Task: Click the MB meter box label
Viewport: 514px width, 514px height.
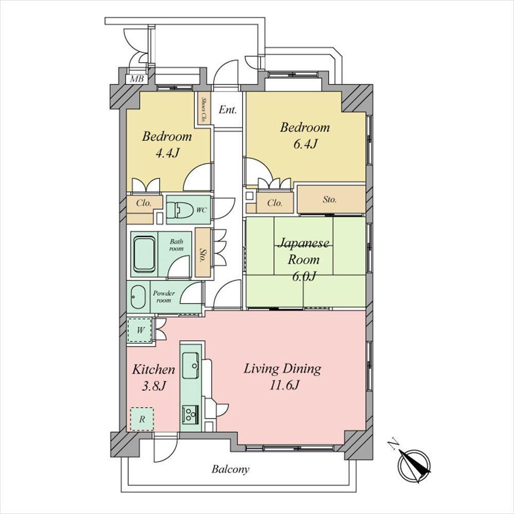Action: pyautogui.click(x=137, y=79)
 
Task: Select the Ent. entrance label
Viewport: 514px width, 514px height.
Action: pyautogui.click(x=228, y=109)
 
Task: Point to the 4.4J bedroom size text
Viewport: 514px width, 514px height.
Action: pyautogui.click(x=168, y=153)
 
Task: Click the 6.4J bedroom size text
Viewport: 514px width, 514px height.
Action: pyautogui.click(x=305, y=144)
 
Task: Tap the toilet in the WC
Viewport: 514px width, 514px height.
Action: pyautogui.click(x=179, y=210)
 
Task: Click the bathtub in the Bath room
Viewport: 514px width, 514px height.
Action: pyautogui.click(x=144, y=254)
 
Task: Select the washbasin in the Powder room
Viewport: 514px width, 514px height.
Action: pyautogui.click(x=138, y=297)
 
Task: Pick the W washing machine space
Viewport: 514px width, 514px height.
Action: pyautogui.click(x=140, y=330)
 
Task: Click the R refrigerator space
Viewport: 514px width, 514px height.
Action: pyautogui.click(x=142, y=419)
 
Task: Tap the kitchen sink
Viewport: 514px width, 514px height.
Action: pyautogui.click(x=191, y=365)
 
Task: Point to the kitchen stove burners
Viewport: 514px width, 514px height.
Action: pyautogui.click(x=190, y=414)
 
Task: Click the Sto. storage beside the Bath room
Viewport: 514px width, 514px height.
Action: pyautogui.click(x=203, y=252)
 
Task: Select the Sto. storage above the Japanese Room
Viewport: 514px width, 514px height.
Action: pyautogui.click(x=331, y=199)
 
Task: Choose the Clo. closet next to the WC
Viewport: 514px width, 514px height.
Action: pyautogui.click(x=144, y=203)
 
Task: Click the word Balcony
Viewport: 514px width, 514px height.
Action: pyautogui.click(x=230, y=469)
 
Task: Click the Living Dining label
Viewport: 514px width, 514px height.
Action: pyautogui.click(x=282, y=369)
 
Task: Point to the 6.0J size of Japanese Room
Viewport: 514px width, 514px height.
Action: pyautogui.click(x=304, y=277)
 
